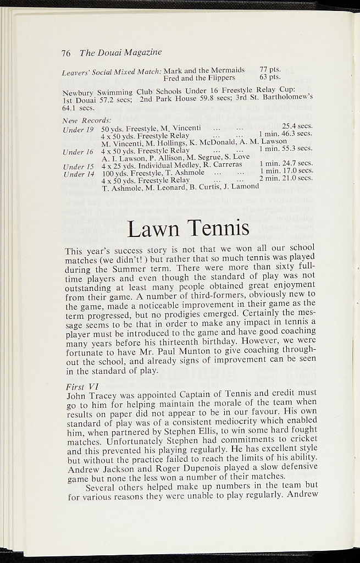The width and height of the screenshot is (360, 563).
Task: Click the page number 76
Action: (66, 53)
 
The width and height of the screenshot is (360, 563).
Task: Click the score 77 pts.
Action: (270, 70)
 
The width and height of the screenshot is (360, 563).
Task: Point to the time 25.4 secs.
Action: (297, 126)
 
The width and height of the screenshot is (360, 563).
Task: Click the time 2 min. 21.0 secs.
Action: (286, 178)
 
